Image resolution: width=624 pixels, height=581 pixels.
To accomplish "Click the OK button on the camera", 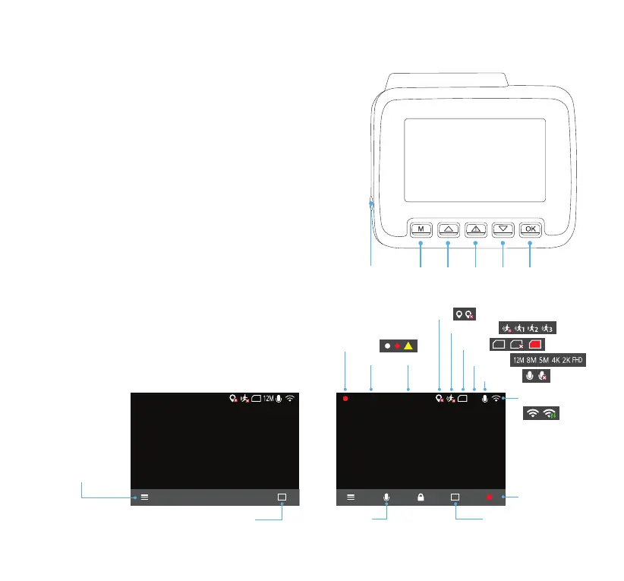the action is click(531, 228).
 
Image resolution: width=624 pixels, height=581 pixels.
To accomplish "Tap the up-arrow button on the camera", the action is click(448, 228).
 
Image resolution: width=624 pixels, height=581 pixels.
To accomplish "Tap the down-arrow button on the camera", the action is click(503, 228).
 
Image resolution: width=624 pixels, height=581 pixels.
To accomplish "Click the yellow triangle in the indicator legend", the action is click(408, 346).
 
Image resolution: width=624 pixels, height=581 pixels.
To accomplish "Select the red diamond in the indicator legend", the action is click(397, 346).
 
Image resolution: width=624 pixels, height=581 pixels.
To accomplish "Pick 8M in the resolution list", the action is click(531, 360).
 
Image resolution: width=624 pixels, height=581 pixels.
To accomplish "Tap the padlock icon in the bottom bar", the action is click(419, 497).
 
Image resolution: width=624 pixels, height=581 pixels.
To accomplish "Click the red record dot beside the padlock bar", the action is click(490, 497).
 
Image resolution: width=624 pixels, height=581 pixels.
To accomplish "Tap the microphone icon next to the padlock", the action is click(386, 497).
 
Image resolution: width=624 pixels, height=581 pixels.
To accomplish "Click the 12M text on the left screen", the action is click(269, 398).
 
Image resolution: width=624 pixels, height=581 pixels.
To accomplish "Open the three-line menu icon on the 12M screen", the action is click(143, 497).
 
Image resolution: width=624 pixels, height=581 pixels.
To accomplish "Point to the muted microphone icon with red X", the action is click(543, 376).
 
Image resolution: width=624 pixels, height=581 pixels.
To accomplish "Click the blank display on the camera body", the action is click(474, 159).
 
